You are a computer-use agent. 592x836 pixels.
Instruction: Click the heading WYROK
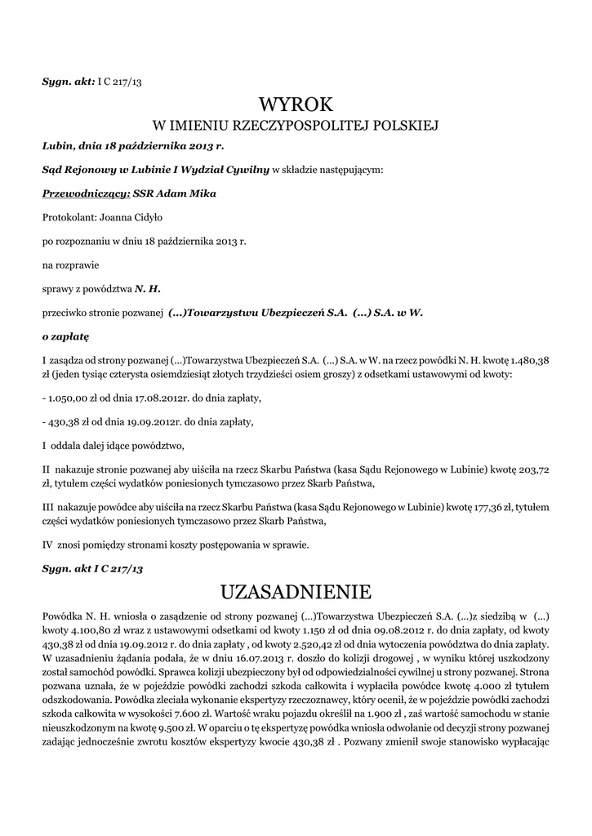pyautogui.click(x=296, y=104)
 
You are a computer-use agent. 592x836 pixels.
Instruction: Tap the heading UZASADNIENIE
pyautogui.click(x=296, y=590)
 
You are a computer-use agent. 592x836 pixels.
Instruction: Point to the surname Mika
pyautogui.click(x=203, y=193)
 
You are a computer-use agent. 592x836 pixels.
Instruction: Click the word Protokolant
pyautogui.click(x=68, y=218)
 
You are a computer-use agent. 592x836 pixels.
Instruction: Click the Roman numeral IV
pyautogui.click(x=47, y=544)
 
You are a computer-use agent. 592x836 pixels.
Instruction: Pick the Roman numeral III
pyautogui.click(x=48, y=507)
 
